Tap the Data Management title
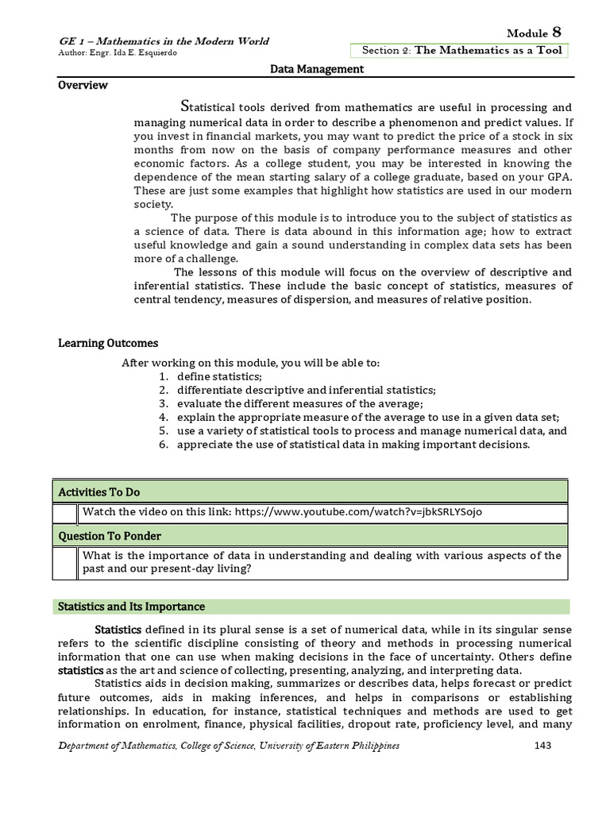click(x=317, y=69)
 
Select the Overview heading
click(x=83, y=85)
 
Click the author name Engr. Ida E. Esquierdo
click(x=118, y=53)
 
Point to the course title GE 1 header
click(x=164, y=41)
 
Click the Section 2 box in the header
click(x=461, y=51)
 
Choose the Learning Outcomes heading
click(x=108, y=343)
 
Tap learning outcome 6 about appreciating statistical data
click(x=353, y=445)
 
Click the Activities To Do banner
click(x=311, y=492)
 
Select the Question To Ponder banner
click(x=311, y=536)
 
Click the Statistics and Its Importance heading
click(x=132, y=607)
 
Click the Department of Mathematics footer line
click(x=230, y=746)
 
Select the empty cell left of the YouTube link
click(x=65, y=513)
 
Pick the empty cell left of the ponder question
click(x=65, y=563)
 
